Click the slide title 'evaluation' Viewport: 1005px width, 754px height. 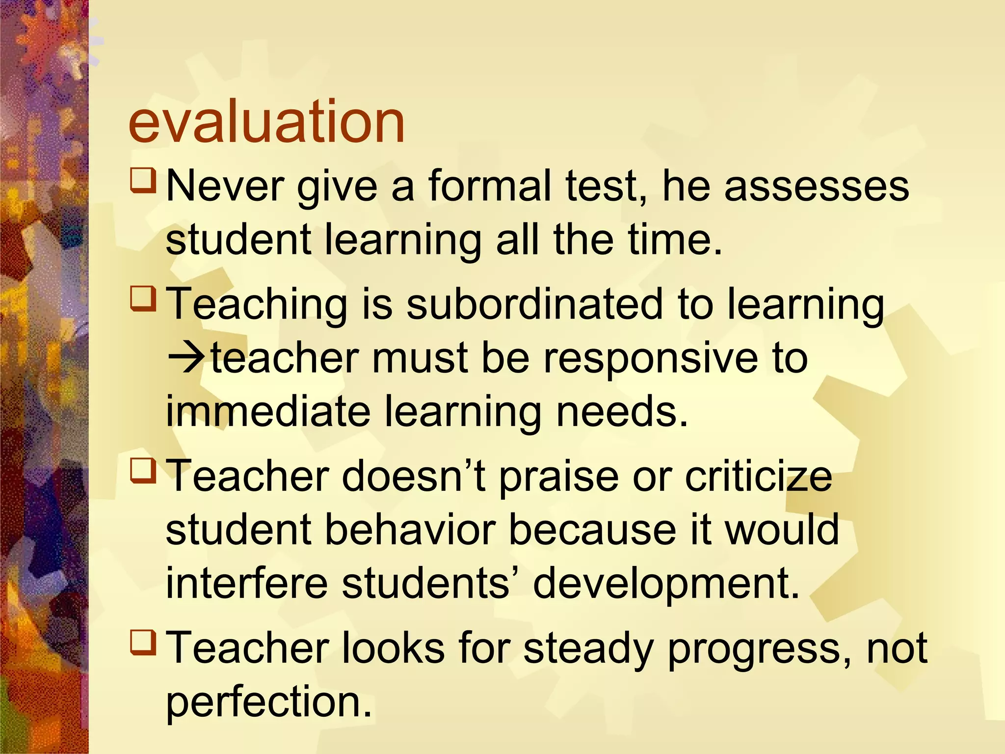point(266,121)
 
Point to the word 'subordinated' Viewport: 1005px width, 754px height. point(535,304)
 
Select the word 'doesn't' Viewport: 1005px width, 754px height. point(414,476)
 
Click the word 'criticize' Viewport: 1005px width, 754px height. point(758,476)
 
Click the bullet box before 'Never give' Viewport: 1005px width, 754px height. point(143,180)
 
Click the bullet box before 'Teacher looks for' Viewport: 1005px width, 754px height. point(143,643)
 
